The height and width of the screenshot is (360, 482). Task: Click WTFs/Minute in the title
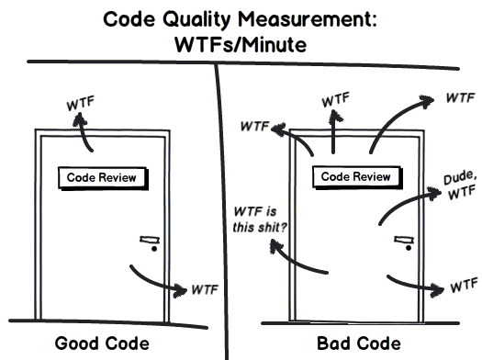click(241, 43)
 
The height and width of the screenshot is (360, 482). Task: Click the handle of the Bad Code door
click(402, 240)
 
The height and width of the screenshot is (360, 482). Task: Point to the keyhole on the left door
click(154, 250)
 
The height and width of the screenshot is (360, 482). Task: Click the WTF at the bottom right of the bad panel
click(459, 287)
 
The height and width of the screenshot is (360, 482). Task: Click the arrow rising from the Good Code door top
click(85, 133)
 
